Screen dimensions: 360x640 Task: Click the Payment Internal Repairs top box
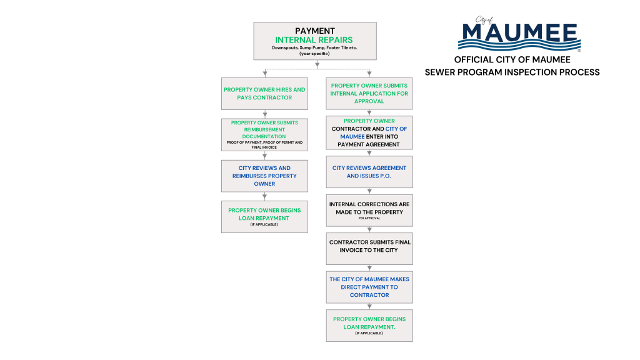314,41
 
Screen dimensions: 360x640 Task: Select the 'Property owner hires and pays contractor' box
264,94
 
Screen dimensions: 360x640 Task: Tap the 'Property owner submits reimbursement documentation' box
264,134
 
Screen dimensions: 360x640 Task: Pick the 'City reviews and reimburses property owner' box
264,176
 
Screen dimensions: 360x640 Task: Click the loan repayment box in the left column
264,216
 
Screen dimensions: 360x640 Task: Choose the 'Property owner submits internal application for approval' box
369,94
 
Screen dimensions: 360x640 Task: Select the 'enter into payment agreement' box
369,132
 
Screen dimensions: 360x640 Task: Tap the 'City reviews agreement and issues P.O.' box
369,172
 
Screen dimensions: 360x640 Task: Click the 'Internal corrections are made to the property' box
369,211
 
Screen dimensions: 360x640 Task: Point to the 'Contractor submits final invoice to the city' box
369,249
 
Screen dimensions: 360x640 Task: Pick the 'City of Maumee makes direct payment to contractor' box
369,287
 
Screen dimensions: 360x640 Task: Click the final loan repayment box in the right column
369,325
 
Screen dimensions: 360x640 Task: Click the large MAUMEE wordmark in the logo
520,31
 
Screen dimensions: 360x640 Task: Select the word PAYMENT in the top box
314,31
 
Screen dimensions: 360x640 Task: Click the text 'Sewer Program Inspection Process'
512,72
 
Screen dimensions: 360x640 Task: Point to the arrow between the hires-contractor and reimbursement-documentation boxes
264,114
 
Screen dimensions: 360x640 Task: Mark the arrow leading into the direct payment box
369,268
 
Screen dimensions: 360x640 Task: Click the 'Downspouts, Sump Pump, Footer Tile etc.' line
314,48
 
